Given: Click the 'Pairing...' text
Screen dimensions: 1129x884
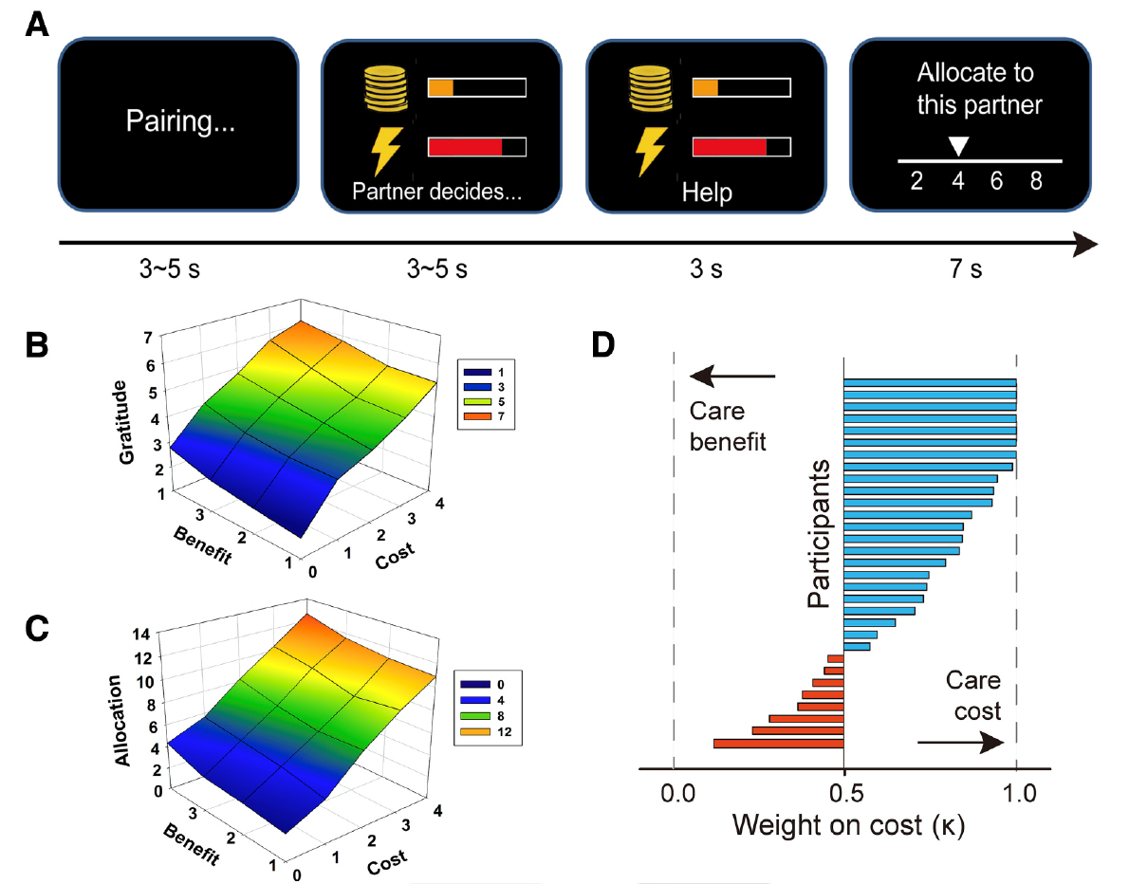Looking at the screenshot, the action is click(x=180, y=121).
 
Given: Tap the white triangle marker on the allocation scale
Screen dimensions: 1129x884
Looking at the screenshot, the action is click(x=957, y=146).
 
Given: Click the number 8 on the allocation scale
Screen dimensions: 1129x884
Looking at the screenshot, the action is click(x=1036, y=180).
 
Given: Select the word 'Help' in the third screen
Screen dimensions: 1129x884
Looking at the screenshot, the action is click(x=707, y=193).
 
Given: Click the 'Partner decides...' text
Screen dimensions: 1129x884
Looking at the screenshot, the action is click(x=436, y=192).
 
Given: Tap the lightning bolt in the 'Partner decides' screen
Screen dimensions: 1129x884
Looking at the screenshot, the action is click(x=386, y=151).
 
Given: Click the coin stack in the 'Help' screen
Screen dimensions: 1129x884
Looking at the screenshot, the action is click(x=650, y=88).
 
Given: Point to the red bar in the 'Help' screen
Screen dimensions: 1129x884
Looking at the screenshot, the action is click(x=730, y=147).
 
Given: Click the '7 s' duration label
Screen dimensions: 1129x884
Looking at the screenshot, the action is click(x=966, y=268).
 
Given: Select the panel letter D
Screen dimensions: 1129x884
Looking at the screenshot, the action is click(x=602, y=345).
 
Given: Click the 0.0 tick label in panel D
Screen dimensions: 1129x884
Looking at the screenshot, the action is click(x=677, y=793).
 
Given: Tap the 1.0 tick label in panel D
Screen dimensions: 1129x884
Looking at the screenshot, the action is click(x=1019, y=793).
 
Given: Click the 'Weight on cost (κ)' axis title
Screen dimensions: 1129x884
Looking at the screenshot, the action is click(x=848, y=825).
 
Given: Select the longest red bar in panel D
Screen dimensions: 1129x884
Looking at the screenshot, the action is click(x=778, y=744).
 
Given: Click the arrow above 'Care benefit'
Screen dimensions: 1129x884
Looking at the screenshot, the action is click(x=732, y=376).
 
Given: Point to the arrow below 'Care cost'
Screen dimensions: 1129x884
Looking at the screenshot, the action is click(x=960, y=743).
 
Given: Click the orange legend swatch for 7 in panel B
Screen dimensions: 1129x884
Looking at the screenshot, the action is click(x=477, y=416).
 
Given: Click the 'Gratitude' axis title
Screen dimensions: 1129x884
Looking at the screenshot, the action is click(x=125, y=423).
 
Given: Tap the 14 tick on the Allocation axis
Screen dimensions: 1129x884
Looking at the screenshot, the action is click(x=141, y=635).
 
